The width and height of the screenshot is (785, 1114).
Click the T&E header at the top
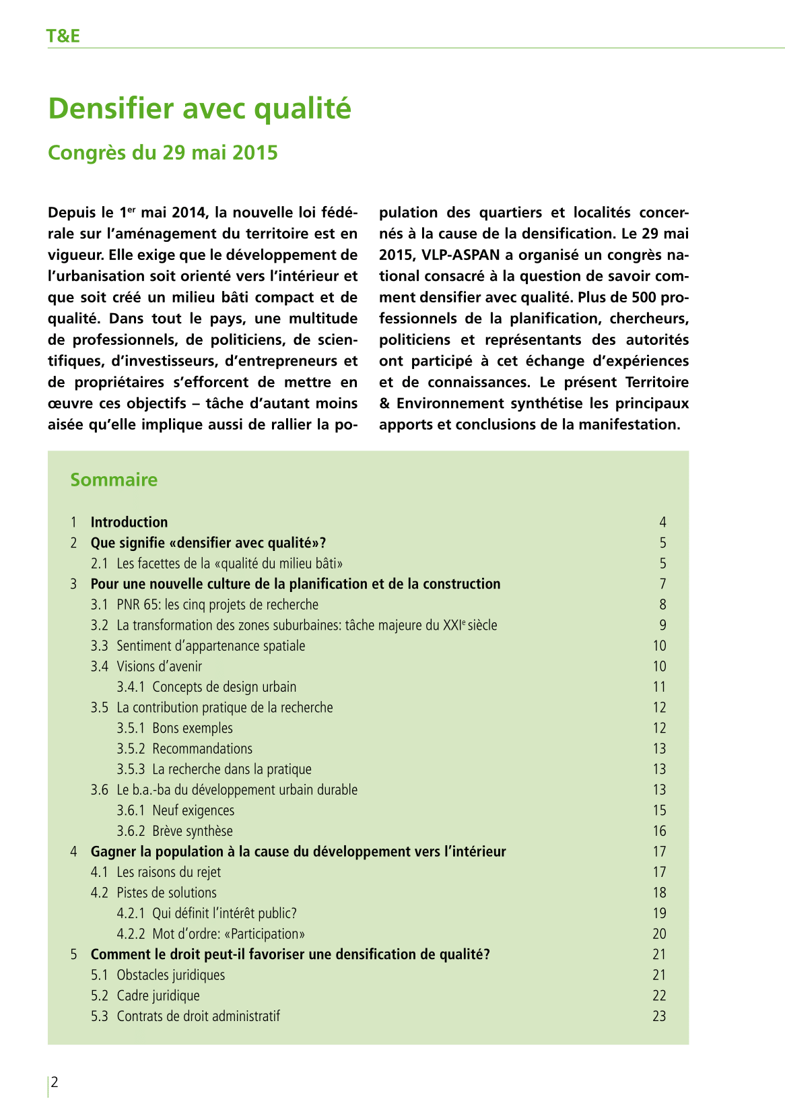[x=63, y=36]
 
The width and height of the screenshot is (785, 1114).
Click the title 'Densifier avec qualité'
[x=199, y=108]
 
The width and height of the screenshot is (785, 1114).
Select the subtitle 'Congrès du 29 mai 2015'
[x=162, y=153]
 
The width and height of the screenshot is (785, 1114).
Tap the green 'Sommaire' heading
[x=114, y=480]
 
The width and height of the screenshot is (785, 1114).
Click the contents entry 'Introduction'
[x=129, y=522]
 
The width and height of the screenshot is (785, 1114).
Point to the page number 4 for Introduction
[x=662, y=522]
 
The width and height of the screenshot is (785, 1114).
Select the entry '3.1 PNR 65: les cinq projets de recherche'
[x=204, y=605]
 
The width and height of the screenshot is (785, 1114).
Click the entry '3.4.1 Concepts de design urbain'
[x=206, y=687]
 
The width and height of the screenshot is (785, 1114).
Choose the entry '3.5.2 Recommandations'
[x=184, y=749]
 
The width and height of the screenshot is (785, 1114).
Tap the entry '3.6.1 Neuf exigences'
[x=175, y=811]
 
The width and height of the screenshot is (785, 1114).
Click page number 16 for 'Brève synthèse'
[x=659, y=831]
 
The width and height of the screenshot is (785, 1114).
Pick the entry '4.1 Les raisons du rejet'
[x=156, y=872]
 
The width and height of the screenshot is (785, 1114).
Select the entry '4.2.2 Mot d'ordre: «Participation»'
[x=211, y=934]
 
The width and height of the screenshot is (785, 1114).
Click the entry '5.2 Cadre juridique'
[x=145, y=995]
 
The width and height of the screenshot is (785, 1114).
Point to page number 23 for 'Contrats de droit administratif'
[x=659, y=1016]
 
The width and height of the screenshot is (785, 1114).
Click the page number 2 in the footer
[x=55, y=1083]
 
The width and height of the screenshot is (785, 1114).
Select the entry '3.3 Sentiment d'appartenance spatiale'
[x=197, y=646]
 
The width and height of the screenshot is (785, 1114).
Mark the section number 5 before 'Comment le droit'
[x=73, y=954]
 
